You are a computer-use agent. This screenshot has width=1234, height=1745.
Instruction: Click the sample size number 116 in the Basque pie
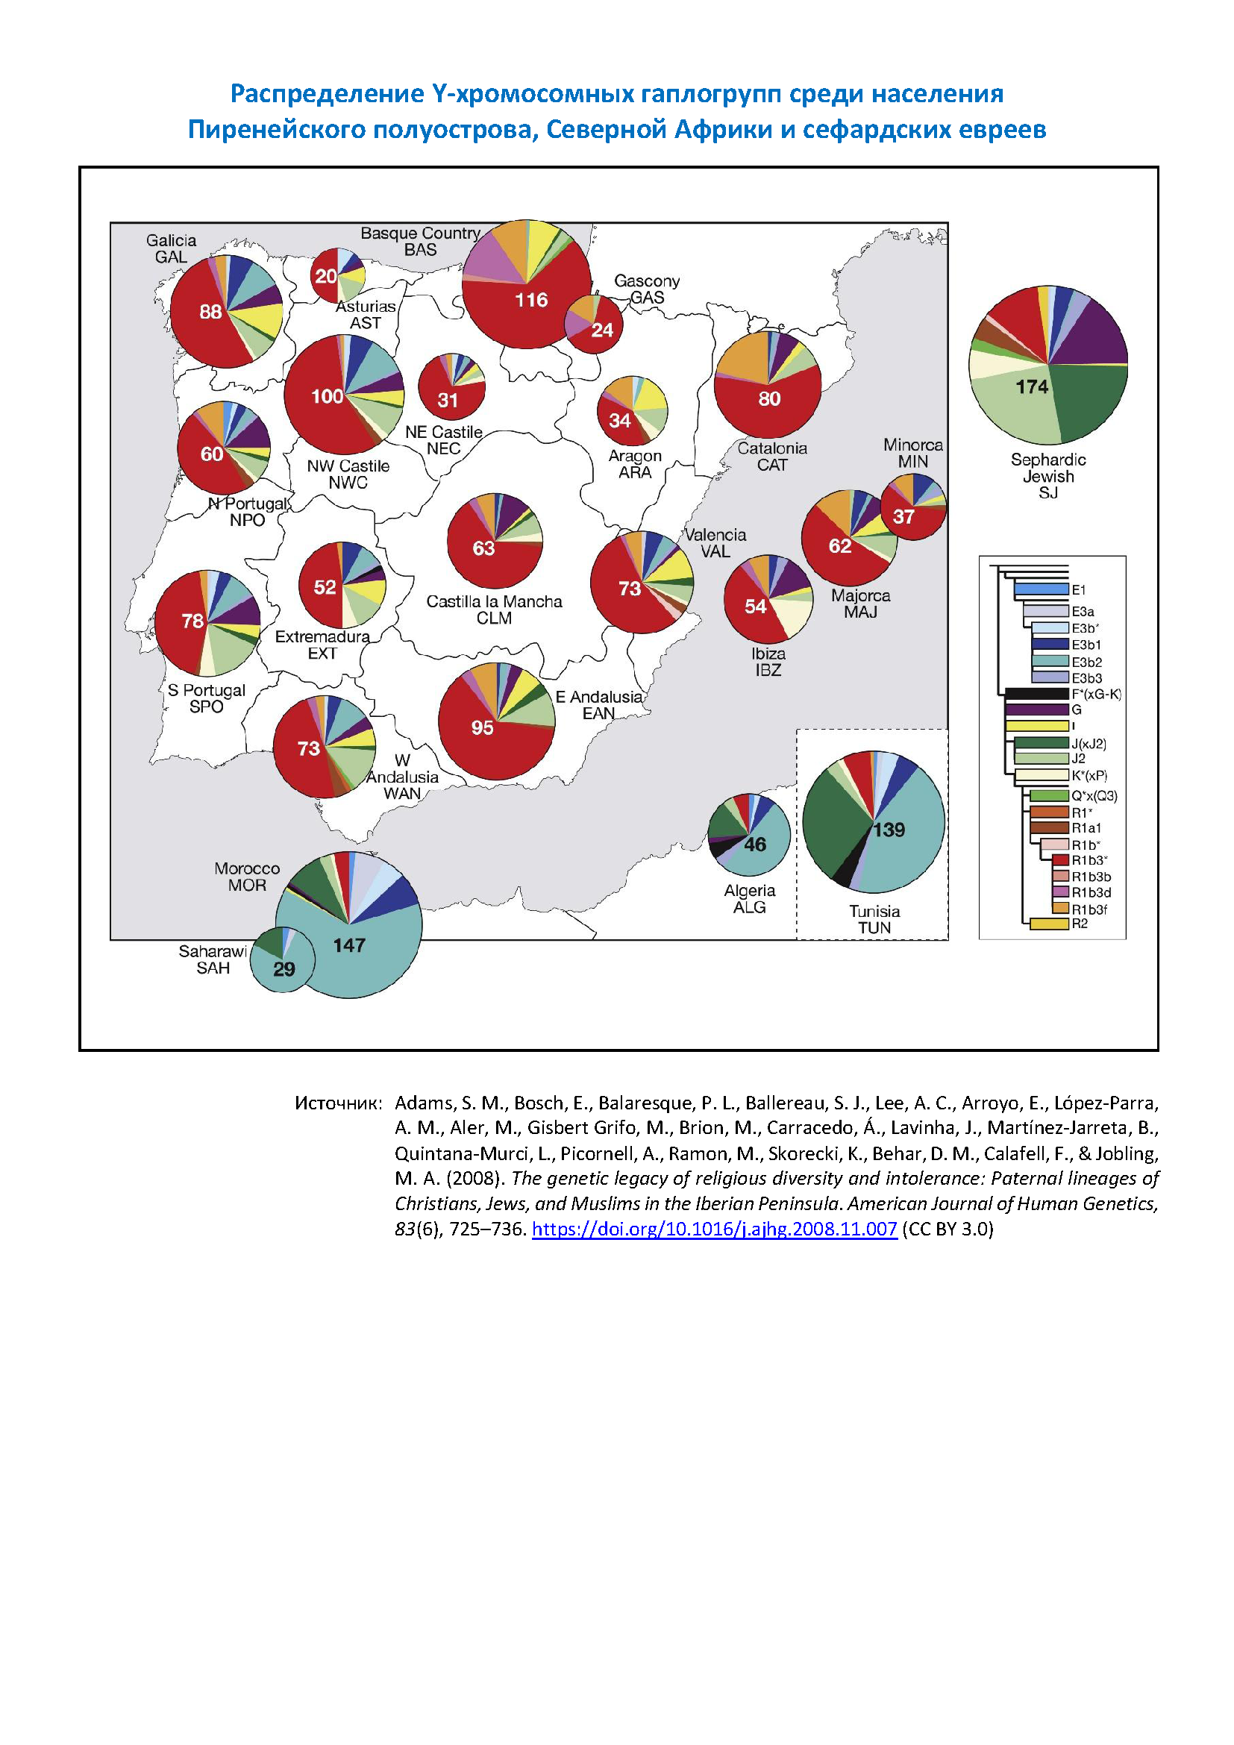[531, 300]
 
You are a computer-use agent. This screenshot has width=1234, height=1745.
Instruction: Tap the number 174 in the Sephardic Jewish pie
[1032, 387]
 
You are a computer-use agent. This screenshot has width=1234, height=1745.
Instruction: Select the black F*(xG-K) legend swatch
[1036, 694]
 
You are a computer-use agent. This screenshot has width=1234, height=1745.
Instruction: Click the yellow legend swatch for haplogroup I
[1036, 726]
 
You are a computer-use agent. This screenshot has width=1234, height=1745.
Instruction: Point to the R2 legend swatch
[1048, 924]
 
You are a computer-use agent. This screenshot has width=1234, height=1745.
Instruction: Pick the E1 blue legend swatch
[1041, 589]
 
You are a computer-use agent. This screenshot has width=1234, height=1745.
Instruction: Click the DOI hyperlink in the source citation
[714, 1229]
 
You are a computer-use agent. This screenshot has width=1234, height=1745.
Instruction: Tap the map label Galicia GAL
[171, 248]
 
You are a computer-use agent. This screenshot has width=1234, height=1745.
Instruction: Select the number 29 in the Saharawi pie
[284, 969]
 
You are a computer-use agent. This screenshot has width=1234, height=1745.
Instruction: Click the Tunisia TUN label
[874, 919]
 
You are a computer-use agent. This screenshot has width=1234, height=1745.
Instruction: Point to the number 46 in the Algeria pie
[754, 845]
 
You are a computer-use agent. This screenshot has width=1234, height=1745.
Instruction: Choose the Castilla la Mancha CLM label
[494, 610]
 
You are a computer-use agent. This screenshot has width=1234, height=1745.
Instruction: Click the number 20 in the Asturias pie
[326, 277]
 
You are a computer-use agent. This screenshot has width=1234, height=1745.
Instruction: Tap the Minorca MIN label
[912, 453]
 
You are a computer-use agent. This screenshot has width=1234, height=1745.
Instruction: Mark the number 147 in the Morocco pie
[349, 945]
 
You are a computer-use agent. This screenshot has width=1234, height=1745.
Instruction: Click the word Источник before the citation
[338, 1103]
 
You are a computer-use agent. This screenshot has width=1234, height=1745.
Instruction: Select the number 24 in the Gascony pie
[602, 330]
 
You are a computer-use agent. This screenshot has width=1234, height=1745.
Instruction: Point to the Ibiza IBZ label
[768, 661]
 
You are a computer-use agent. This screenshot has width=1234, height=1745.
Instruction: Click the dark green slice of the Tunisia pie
[832, 821]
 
